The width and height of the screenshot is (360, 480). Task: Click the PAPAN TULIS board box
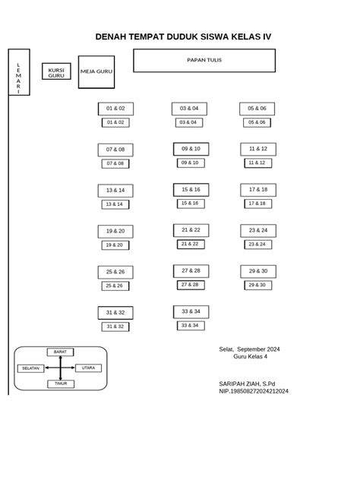pyautogui.click(x=204, y=61)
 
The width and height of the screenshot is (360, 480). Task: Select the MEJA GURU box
pyautogui.click(x=96, y=72)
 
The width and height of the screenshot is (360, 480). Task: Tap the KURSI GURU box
pyautogui.click(x=56, y=71)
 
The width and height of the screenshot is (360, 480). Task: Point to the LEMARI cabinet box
pyautogui.click(x=19, y=72)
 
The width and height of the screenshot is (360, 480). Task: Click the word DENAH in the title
pyautogui.click(x=111, y=36)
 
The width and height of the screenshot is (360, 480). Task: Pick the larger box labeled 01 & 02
pyautogui.click(x=115, y=109)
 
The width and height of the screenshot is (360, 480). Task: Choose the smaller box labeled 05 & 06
pyautogui.click(x=257, y=122)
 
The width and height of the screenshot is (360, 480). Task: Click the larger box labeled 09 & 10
pyautogui.click(x=191, y=149)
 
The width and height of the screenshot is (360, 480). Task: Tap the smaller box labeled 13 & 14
pyautogui.click(x=115, y=204)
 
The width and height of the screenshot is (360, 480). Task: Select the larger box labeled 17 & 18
pyautogui.click(x=258, y=190)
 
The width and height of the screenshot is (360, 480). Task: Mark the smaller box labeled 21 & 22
pyautogui.click(x=191, y=244)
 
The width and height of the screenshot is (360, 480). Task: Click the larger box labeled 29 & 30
pyautogui.click(x=258, y=271)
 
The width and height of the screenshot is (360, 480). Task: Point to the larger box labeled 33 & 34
pyautogui.click(x=191, y=311)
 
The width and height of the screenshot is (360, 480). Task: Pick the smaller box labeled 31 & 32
pyautogui.click(x=115, y=327)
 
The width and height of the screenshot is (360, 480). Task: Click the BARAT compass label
pyautogui.click(x=60, y=352)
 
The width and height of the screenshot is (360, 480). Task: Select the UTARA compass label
pyautogui.click(x=88, y=368)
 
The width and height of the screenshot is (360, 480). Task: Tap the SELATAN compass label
pyautogui.click(x=31, y=368)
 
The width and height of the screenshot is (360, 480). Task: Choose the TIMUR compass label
pyautogui.click(x=61, y=384)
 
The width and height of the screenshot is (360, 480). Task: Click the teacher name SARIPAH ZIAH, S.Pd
pyautogui.click(x=247, y=384)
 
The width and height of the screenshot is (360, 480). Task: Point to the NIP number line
pyautogui.click(x=254, y=391)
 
